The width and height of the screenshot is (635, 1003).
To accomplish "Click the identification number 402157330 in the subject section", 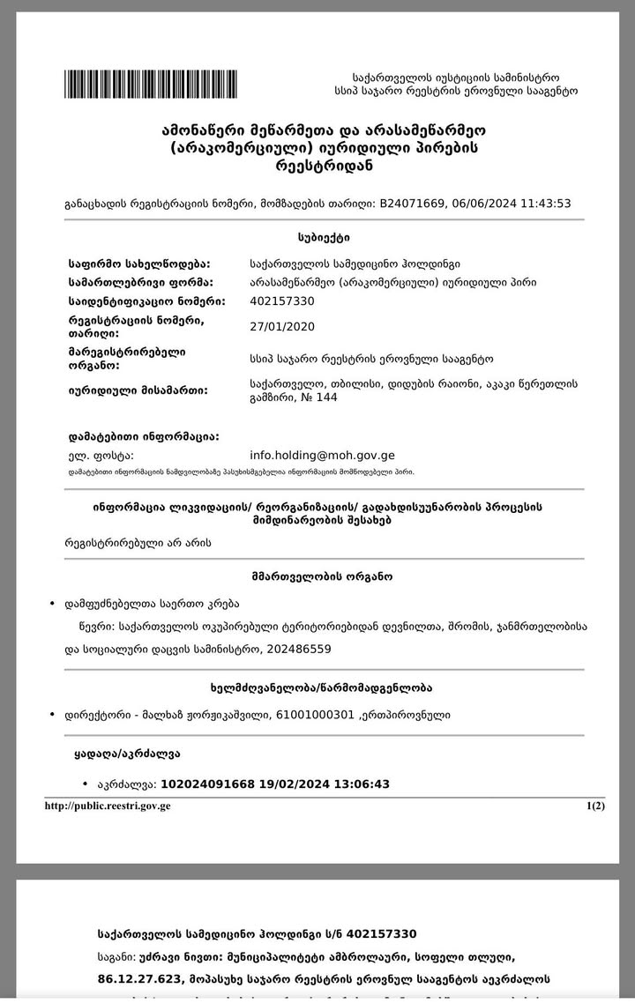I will [282, 301].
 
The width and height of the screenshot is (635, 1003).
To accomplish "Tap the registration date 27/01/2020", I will [282, 327].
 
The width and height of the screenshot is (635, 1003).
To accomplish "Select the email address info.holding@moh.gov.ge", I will [322, 456].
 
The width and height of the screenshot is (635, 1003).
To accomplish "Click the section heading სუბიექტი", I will [324, 238].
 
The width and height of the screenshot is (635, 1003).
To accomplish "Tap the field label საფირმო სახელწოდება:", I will [139, 264].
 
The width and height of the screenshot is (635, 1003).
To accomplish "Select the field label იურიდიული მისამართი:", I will [138, 390].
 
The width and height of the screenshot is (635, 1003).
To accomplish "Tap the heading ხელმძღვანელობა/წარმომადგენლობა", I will [324, 687].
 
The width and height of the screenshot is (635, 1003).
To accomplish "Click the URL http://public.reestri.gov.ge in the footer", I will [107, 806].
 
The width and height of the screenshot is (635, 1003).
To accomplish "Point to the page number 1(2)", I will [595, 806].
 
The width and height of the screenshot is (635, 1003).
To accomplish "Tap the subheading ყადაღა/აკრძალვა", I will [129, 754].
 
